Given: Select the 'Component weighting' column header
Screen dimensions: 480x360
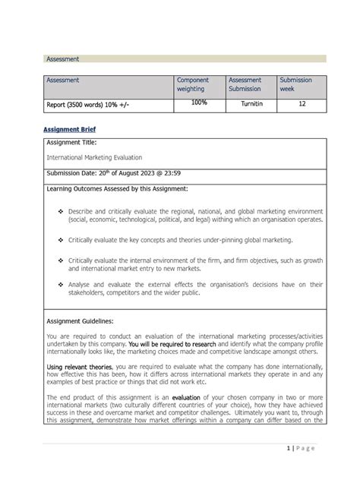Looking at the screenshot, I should pos(192,84).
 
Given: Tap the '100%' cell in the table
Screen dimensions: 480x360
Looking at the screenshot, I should pos(200,103).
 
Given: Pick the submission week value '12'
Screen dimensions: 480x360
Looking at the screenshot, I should pos(302,104).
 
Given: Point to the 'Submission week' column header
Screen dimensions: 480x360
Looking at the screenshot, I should pos(295,84).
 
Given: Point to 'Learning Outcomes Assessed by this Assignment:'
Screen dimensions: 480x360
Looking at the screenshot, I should pos(117,188).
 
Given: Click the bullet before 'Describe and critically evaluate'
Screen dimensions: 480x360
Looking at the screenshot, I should pos(59,210).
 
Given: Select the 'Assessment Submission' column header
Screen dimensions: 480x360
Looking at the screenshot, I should pos(245,84).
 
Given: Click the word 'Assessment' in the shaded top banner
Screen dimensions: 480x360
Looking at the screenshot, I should pos(63,58).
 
